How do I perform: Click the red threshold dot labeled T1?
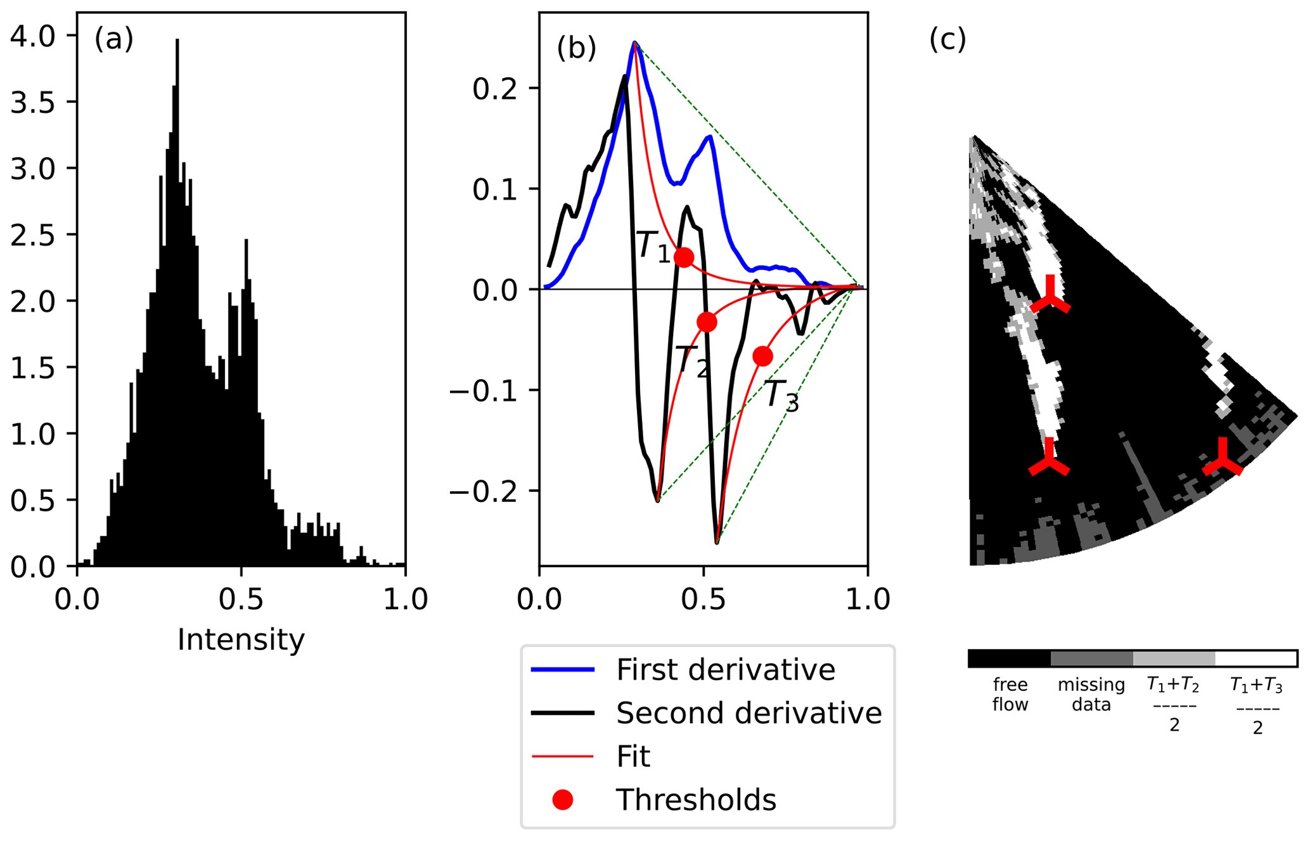click(683, 257)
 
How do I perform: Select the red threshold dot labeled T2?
click(707, 322)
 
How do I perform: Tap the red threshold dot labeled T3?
click(762, 356)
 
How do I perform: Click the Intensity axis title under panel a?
click(241, 639)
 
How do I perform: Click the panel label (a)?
click(114, 39)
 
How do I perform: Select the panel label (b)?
click(576, 48)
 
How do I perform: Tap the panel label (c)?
click(947, 39)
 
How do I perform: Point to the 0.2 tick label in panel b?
click(494, 88)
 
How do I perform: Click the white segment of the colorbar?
click(1255, 658)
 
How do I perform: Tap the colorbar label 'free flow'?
click(1010, 695)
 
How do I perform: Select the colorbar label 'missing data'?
click(1091, 695)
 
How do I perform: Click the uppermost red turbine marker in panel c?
click(1050, 299)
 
